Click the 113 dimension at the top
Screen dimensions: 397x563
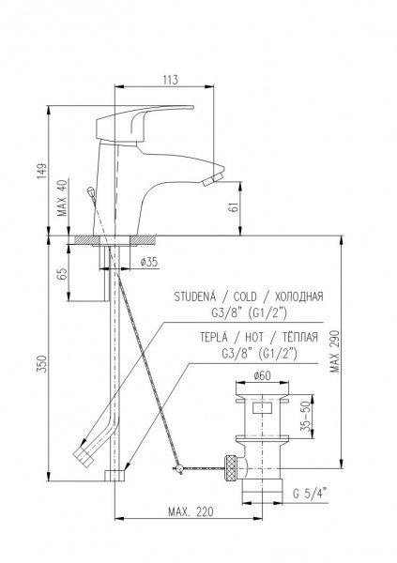pos(170,80)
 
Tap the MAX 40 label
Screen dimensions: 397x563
pos(63,198)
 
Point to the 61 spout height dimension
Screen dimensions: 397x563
pos(235,207)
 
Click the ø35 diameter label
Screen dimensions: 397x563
pos(149,262)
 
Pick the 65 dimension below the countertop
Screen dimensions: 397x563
pos(62,274)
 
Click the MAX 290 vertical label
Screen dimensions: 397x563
pos(335,351)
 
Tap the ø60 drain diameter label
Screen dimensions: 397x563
pos(262,376)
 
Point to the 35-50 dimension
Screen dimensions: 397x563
pos(306,418)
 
